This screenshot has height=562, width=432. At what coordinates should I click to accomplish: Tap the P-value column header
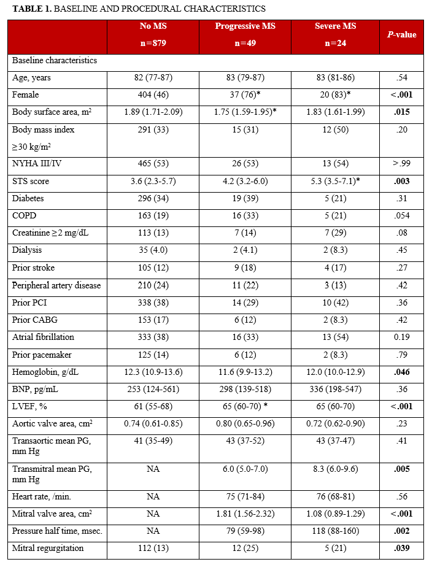click(401, 35)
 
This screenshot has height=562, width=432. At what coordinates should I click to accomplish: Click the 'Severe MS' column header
click(335, 26)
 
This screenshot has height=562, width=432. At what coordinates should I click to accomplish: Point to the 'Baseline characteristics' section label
click(55, 61)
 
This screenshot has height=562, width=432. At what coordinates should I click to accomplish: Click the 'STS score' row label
click(31, 182)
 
